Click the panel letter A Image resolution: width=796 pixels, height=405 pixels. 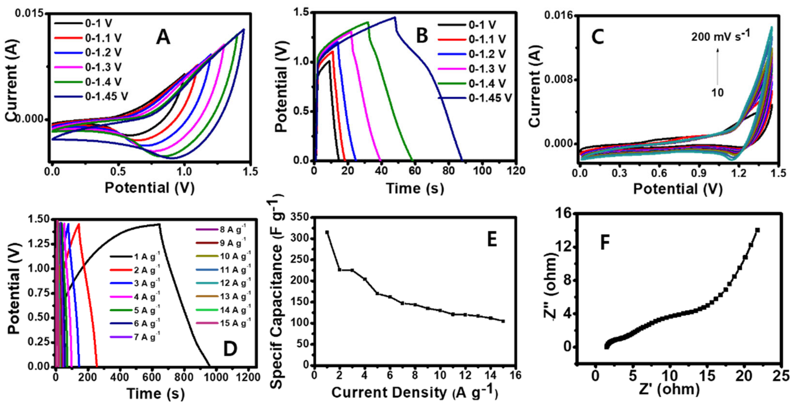[163, 38]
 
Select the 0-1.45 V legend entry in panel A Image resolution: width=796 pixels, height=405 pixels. [106, 97]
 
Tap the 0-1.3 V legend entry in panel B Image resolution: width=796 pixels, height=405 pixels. [487, 69]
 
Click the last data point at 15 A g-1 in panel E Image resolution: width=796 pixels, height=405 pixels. [503, 321]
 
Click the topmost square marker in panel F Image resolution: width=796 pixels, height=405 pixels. [757, 230]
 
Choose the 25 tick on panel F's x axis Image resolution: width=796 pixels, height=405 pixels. [781, 377]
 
